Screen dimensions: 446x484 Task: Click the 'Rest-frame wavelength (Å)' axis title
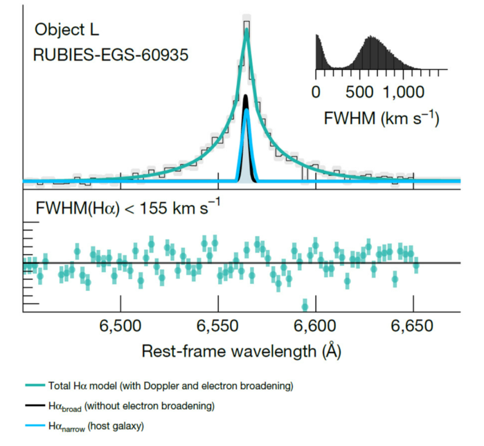[x=242, y=351]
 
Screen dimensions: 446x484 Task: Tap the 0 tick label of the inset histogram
[x=316, y=91]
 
